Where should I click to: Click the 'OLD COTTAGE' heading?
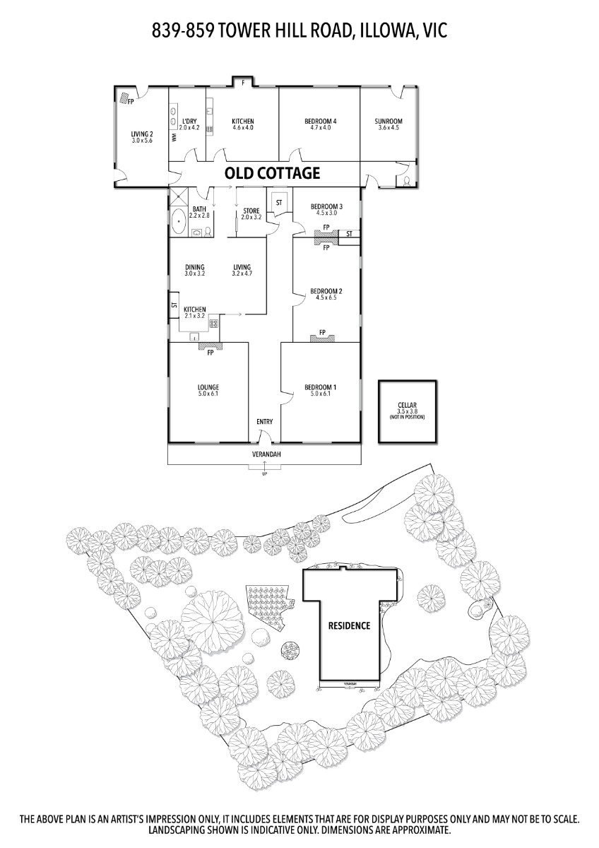(272, 172)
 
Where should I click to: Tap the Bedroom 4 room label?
(320, 122)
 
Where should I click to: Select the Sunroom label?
(389, 122)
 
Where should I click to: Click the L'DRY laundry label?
(189, 122)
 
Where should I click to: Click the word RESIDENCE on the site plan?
(349, 625)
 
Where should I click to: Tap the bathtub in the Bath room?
(179, 220)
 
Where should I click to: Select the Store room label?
(251, 211)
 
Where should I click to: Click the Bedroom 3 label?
(326, 206)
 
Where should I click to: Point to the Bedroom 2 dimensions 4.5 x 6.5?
(326, 298)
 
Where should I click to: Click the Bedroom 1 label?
(320, 387)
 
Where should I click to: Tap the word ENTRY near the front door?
(264, 422)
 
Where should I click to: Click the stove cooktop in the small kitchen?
(213, 324)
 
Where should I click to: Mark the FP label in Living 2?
(131, 102)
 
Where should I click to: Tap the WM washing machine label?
(174, 137)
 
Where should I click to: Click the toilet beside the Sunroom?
(408, 180)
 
